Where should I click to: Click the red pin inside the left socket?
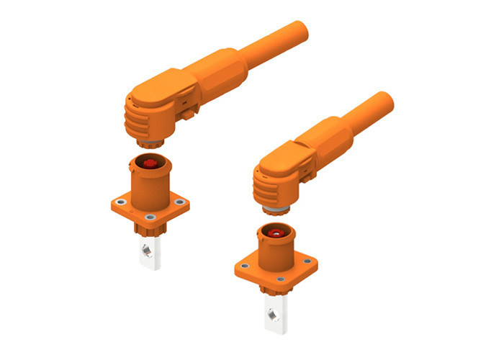tap(150, 163)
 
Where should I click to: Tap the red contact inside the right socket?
tap(275, 234)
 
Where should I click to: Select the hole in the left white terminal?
tap(147, 250)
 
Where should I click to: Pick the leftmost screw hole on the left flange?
tap(119, 202)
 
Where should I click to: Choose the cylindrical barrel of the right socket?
tap(275, 252)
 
